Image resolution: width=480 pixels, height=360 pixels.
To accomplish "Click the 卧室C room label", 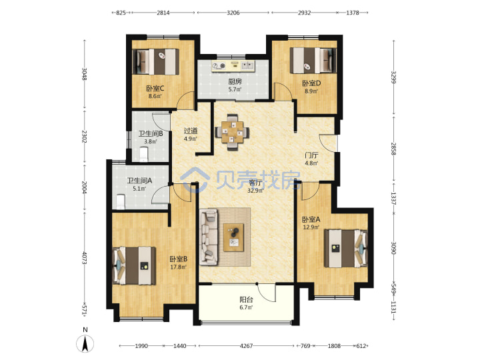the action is (155, 89).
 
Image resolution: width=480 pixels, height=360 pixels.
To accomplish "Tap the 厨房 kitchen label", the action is (235, 82).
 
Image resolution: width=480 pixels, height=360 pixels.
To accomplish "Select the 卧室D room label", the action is (311, 83).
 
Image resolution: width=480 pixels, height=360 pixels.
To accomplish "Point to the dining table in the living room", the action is (233, 132).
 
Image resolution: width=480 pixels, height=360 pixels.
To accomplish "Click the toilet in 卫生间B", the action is (143, 154).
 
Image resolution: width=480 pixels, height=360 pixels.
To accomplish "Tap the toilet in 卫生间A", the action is (121, 202).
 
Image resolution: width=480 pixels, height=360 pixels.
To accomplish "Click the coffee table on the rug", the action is (233, 237).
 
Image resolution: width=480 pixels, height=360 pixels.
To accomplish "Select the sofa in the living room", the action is (209, 237).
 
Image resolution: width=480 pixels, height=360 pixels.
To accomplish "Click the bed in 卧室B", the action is (134, 266).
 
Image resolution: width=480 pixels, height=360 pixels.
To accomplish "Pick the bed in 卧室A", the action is (346, 248).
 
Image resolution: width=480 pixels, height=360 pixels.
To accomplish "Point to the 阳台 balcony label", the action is (246, 300).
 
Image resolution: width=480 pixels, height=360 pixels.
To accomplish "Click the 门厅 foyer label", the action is (311, 155).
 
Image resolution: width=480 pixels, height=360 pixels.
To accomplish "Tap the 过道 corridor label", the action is (191, 131).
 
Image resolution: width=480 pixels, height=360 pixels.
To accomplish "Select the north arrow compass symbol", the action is (85, 343).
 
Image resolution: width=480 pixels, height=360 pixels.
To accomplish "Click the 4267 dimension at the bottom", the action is (246, 346).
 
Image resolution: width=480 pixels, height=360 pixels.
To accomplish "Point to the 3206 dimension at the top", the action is (233, 13).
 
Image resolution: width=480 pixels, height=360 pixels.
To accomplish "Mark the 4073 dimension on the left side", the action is (85, 258).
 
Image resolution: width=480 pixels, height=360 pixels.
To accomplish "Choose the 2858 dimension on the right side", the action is (394, 149).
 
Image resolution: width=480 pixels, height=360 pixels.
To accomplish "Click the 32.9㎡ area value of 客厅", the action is (255, 191).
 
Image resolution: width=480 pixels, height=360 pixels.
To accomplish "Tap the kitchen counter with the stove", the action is (233, 65).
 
